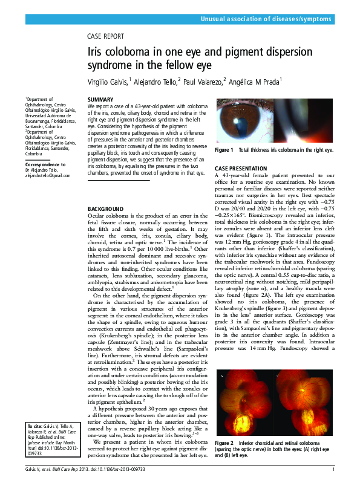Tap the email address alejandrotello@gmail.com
point(48,176)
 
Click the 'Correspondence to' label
point(45,164)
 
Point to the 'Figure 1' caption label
point(224,150)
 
